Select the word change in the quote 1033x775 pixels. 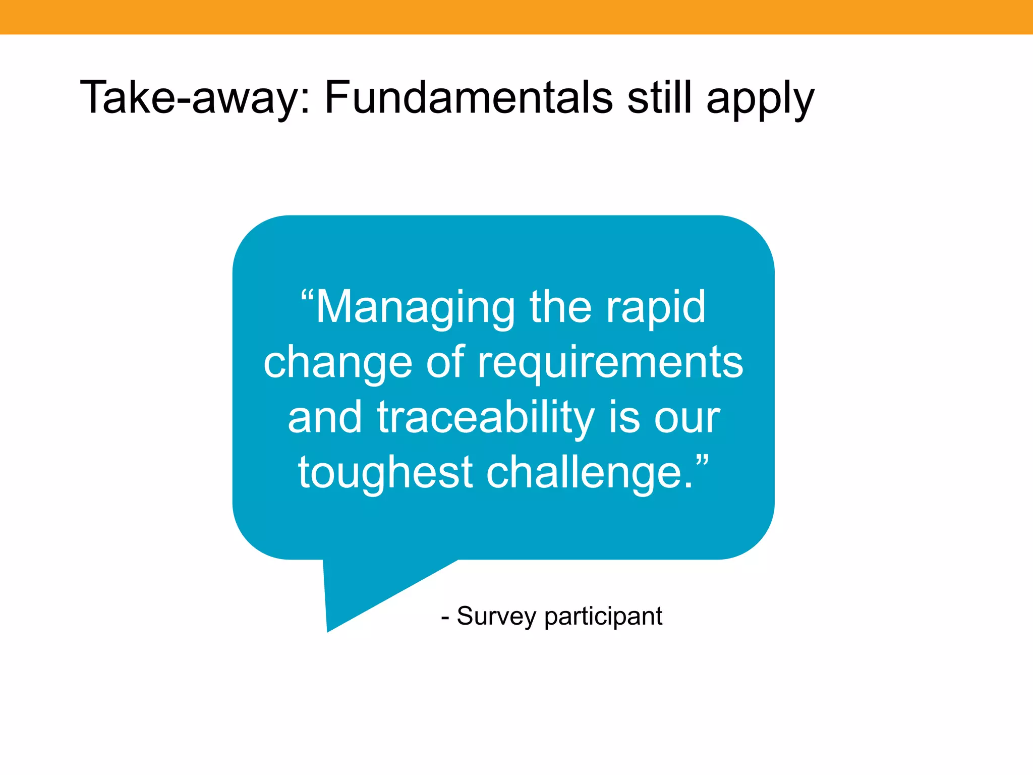coord(337,364)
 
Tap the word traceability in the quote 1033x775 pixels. coord(485,418)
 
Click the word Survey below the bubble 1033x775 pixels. coord(496,617)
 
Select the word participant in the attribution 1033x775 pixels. coord(603,617)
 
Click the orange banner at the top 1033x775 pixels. coord(516,17)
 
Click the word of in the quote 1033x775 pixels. coord(445,363)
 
